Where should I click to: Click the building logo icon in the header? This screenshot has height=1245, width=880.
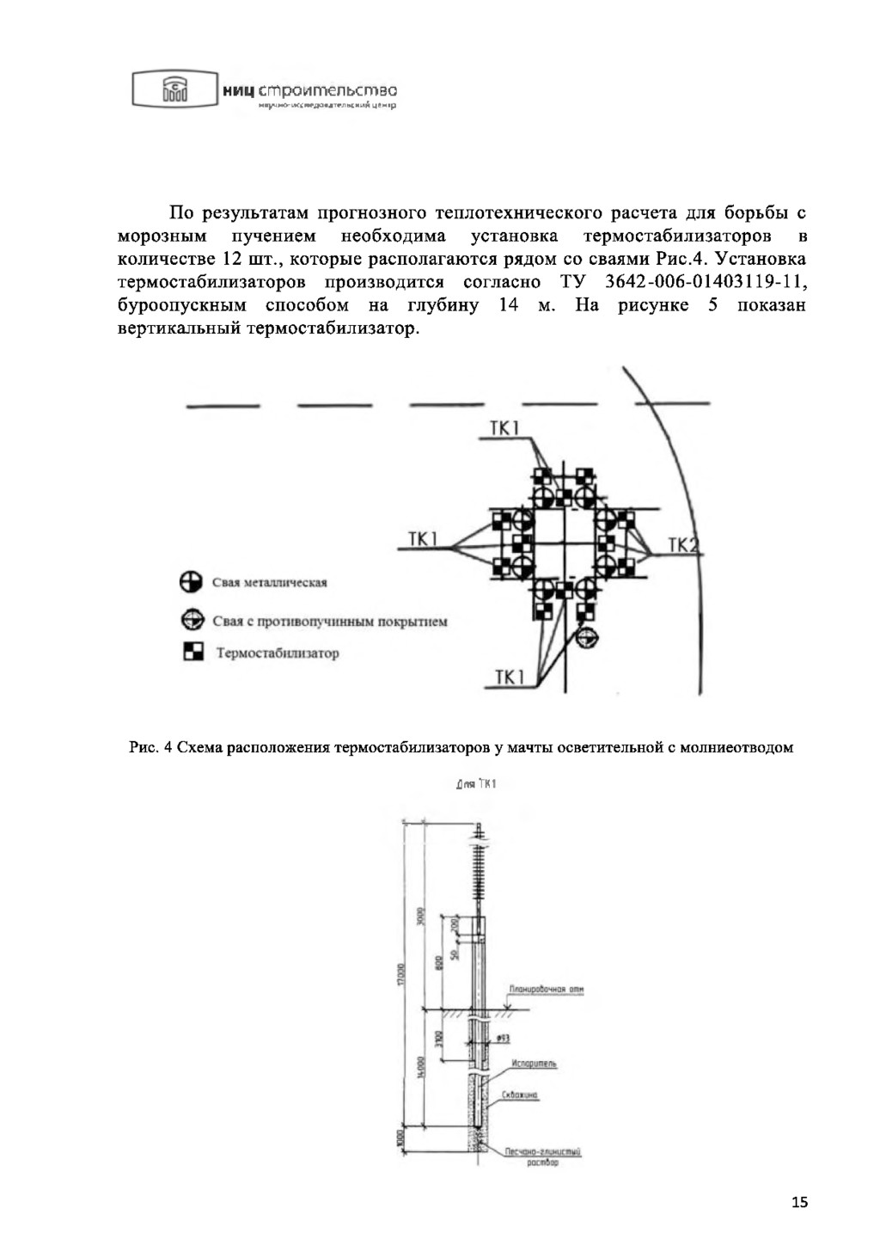[x=174, y=89]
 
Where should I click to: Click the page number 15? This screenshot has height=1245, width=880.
[x=799, y=1202]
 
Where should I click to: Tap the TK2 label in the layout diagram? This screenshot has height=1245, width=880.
[x=684, y=545]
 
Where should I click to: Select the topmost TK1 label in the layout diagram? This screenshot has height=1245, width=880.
[x=504, y=428]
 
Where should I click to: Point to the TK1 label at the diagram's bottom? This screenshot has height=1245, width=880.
[x=510, y=678]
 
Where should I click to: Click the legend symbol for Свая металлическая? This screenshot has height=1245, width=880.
[x=191, y=582]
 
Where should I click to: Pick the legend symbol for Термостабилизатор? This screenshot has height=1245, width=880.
[x=192, y=653]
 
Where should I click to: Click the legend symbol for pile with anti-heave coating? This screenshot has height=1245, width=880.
[x=191, y=620]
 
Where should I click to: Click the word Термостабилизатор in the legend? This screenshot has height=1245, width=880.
[x=278, y=653]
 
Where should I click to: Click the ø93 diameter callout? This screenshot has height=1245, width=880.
[x=504, y=1039]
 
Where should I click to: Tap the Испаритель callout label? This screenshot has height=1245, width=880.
[x=534, y=1064]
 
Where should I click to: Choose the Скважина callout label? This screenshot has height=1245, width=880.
[x=521, y=1095]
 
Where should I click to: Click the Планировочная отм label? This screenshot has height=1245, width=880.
[x=547, y=990]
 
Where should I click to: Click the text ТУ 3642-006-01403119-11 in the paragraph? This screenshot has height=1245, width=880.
[x=683, y=282]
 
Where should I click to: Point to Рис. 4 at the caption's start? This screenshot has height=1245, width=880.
[x=151, y=747]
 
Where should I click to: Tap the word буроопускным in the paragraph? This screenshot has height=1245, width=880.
[x=181, y=305]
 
